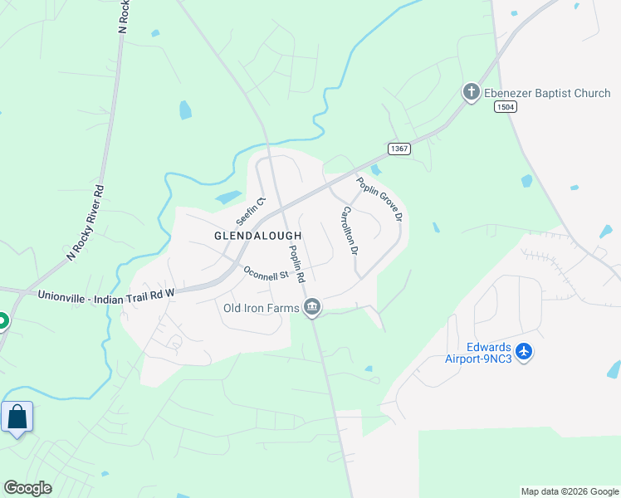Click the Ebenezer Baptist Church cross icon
(x=472, y=92)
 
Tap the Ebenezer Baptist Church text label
(x=547, y=93)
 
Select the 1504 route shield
(x=504, y=107)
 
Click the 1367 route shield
(x=399, y=148)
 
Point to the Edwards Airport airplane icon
(x=523, y=352)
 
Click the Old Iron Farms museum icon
(x=312, y=308)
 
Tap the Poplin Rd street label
(x=297, y=262)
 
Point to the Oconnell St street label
(x=265, y=271)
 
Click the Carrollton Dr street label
(x=348, y=230)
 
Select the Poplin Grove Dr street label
(x=379, y=199)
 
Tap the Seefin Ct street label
(x=249, y=211)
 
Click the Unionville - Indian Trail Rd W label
(x=107, y=294)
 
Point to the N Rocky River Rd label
(x=86, y=222)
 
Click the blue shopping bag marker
(x=17, y=417)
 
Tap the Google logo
(x=27, y=488)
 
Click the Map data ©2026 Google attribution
(x=570, y=491)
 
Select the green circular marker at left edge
(x=2, y=320)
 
